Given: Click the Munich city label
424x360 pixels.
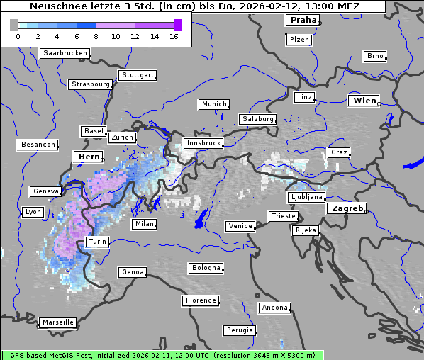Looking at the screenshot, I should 213,104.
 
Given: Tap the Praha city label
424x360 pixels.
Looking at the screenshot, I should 303,20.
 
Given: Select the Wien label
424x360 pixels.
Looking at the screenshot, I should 364,101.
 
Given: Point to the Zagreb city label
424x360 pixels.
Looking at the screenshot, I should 346,208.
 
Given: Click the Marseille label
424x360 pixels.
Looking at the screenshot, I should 57,322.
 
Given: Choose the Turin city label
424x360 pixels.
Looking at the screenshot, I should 97,242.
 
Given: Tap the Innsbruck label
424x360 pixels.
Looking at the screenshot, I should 203,143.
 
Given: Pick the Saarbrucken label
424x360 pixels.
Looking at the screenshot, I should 65,53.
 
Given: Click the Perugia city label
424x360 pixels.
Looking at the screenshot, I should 239,330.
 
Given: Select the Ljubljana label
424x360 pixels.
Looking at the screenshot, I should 307,197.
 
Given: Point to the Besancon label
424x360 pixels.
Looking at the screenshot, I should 38,145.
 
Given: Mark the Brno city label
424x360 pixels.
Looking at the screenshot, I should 374,56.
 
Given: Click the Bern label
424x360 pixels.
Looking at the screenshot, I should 89,156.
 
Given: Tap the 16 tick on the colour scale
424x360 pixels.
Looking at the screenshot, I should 174,35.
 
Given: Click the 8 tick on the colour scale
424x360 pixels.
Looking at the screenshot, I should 96,35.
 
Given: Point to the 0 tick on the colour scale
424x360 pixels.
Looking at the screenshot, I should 17,35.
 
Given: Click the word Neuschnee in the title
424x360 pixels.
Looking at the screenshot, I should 55,6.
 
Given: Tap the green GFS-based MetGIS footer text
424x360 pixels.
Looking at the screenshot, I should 162,355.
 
